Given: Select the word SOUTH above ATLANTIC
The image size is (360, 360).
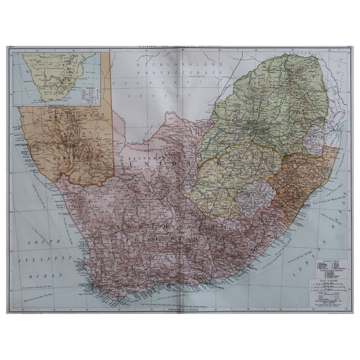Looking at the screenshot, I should pyautogui.click(x=40, y=242).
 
